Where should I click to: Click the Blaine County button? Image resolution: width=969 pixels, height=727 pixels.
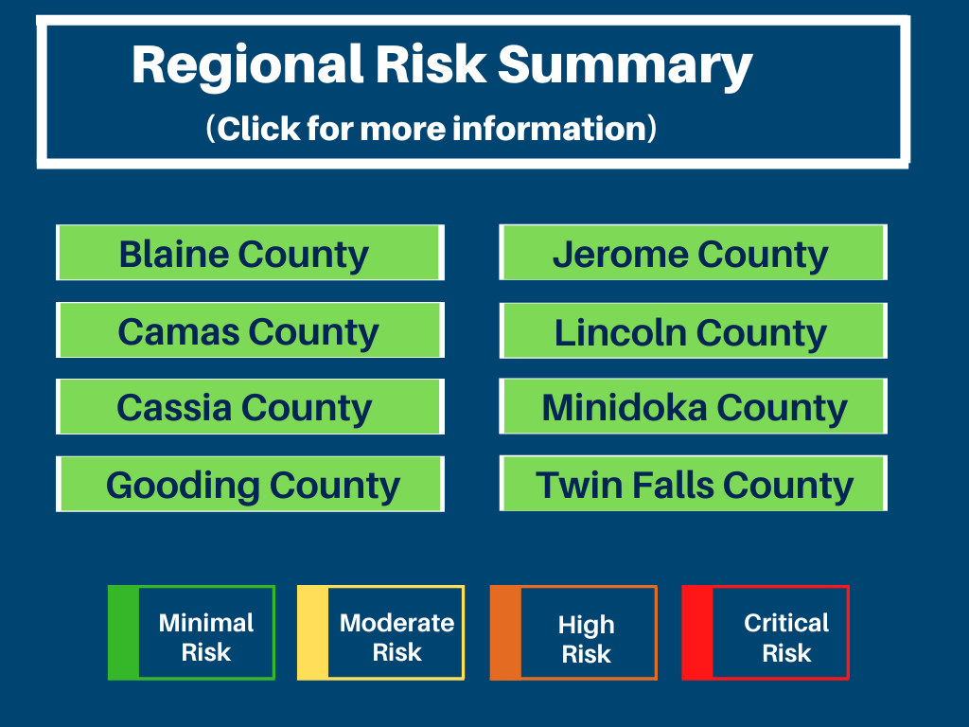point(250,253)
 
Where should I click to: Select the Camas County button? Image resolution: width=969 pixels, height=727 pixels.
point(250,330)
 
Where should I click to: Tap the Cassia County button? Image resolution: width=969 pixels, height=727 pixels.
point(250,407)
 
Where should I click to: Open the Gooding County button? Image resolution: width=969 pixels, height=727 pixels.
point(250,484)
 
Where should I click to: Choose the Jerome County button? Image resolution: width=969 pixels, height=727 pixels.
point(694,253)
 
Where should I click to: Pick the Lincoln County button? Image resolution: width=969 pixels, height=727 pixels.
point(694,330)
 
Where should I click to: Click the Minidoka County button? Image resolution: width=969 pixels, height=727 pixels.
point(694,407)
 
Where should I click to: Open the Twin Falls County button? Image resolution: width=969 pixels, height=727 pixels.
point(694,484)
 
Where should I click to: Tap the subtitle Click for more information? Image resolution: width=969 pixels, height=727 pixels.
point(432,129)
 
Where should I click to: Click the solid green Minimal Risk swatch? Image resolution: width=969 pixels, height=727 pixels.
point(124,632)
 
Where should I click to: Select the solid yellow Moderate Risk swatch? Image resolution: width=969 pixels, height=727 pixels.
point(312,632)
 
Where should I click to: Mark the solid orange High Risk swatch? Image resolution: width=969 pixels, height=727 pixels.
point(505,632)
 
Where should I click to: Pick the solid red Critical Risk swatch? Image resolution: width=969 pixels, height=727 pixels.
point(697,632)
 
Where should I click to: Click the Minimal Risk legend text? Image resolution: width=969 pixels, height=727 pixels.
point(206,637)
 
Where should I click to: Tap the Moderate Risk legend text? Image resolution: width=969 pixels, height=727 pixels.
point(396,637)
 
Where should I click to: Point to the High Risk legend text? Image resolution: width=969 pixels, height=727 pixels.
point(587,639)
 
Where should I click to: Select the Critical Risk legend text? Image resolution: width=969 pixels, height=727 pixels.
point(786,637)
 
